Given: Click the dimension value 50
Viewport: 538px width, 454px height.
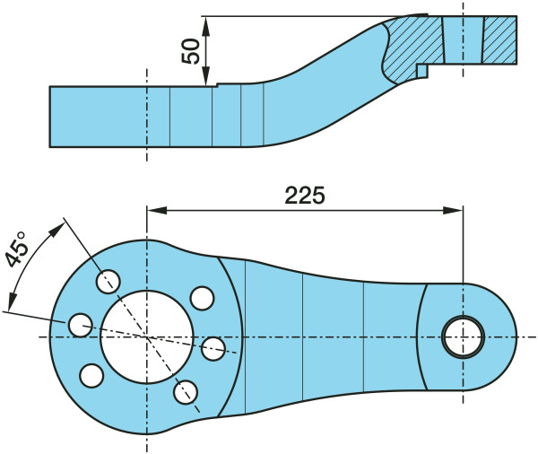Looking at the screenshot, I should [x=190, y=50].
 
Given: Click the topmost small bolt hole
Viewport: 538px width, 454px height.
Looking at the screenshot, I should [x=110, y=279].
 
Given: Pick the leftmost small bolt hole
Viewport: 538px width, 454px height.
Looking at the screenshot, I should [x=81, y=323].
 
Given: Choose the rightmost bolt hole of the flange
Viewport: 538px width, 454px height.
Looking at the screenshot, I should [x=213, y=347].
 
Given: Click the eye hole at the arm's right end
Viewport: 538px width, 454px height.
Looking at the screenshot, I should [x=463, y=336].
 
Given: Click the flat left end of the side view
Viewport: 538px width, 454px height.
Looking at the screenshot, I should [x=51, y=116].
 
